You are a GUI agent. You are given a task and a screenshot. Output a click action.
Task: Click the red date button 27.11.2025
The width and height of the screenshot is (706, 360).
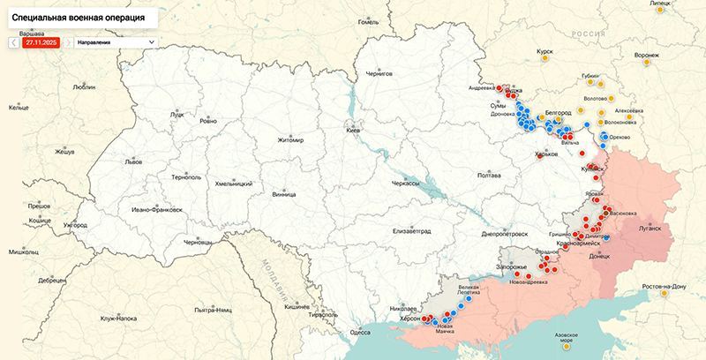pyautogui.click(x=41, y=41)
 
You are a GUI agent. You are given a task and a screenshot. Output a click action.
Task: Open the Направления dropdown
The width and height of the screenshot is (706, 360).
pyautogui.click(x=115, y=41)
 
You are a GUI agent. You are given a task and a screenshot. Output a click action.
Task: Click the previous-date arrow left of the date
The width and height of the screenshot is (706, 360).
pyautogui.click(x=13, y=41)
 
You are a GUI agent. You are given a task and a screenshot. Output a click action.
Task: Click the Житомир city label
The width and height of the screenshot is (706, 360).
pyautogui.click(x=289, y=140)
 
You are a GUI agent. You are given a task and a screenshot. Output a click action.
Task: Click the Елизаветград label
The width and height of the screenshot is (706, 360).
pyautogui.click(x=411, y=230)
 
